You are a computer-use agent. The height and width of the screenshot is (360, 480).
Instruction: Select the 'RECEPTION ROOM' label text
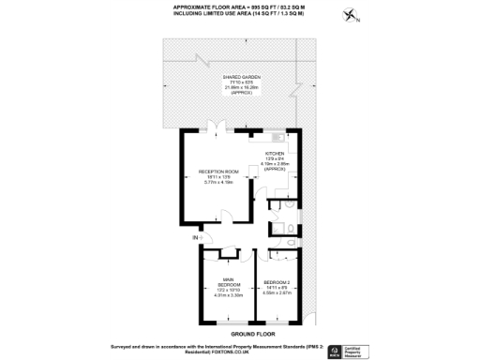tap(217, 172)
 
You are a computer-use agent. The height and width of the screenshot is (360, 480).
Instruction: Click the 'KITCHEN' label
tap(275, 152)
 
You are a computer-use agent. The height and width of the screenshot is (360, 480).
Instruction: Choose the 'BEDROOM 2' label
tap(278, 283)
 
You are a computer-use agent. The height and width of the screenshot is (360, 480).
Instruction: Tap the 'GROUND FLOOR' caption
tap(249, 333)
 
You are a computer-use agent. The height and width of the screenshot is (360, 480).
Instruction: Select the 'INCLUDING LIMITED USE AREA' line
tap(239, 15)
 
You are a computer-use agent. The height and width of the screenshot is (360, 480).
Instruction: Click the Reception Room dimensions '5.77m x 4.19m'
tap(217, 183)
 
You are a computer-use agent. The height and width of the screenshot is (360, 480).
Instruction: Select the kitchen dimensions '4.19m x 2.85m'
tap(275, 163)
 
